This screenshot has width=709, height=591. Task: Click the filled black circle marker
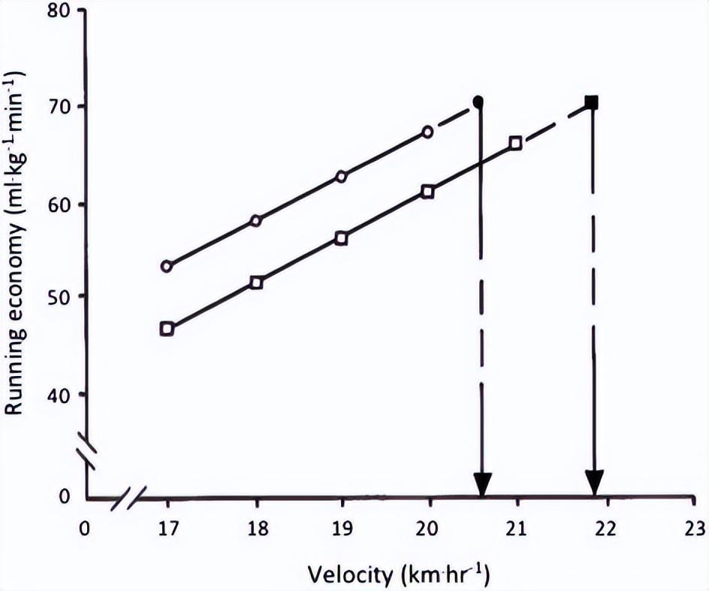pyautogui.click(x=478, y=101)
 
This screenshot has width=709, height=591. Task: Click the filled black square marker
pyautogui.click(x=592, y=102)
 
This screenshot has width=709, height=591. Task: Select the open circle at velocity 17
pyautogui.click(x=167, y=266)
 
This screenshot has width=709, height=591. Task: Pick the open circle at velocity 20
pyautogui.click(x=427, y=132)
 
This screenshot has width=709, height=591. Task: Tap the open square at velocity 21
pyautogui.click(x=515, y=143)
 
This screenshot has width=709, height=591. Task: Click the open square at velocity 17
pyautogui.click(x=167, y=329)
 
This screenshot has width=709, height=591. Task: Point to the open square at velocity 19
pyautogui.click(x=341, y=238)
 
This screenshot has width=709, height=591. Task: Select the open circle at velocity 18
pyautogui.click(x=255, y=221)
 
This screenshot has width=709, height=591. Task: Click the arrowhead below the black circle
pyautogui.click(x=481, y=484)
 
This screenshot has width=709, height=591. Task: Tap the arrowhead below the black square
pyautogui.click(x=595, y=484)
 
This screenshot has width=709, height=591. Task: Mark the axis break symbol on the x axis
pyautogui.click(x=128, y=498)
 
